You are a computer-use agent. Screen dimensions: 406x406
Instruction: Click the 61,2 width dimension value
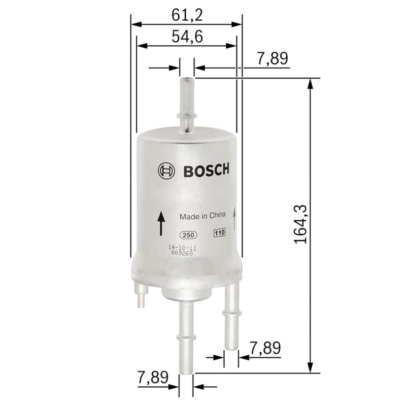point(187,15)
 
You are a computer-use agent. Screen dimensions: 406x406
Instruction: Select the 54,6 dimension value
point(187,37)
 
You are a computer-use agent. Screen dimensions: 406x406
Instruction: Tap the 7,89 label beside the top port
point(273,59)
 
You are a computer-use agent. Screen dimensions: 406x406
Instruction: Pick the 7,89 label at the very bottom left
point(153,378)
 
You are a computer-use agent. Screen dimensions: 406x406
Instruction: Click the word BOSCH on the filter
point(206,171)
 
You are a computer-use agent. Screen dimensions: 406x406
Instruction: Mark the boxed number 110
point(219,233)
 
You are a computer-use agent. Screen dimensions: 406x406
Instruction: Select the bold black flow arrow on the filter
point(161,224)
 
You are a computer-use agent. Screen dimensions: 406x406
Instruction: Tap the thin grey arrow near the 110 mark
point(234,219)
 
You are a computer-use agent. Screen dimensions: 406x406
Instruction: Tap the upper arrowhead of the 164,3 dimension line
point(310,83)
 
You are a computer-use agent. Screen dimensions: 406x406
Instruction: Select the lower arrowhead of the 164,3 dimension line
point(310,368)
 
